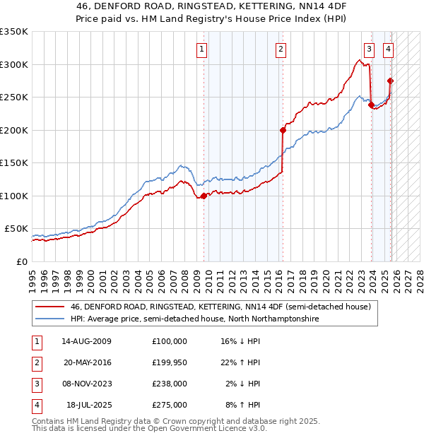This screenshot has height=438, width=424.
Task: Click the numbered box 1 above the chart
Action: (202, 49)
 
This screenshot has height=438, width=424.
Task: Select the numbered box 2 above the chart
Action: (281, 49)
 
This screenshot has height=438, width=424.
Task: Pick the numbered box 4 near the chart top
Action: (389, 49)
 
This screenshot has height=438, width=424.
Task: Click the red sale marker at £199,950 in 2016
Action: (283, 130)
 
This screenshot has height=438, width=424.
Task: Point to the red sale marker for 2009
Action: (204, 196)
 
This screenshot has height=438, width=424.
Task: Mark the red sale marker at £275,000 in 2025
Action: (390, 81)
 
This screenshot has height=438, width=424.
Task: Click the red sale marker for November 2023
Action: (371, 105)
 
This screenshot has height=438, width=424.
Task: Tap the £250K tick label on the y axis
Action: (14, 97)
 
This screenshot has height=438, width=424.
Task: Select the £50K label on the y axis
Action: (17, 229)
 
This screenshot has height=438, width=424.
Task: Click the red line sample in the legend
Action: (50, 307)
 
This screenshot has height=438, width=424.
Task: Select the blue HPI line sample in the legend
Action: (50, 319)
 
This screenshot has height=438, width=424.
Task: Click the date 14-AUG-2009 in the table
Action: (86, 341)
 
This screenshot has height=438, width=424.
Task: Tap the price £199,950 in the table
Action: (170, 362)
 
